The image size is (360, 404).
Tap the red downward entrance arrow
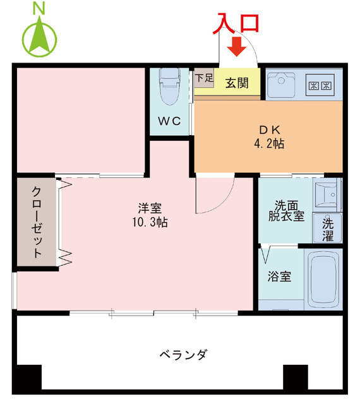[x=237, y=46]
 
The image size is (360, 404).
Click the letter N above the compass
[x=39, y=8]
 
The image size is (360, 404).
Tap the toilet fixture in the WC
[x=170, y=88]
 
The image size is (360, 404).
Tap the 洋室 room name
[x=150, y=208]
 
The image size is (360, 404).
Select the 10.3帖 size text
[x=150, y=222]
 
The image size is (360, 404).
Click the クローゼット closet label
[x=37, y=222]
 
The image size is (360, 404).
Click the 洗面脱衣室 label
[x=289, y=210]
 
